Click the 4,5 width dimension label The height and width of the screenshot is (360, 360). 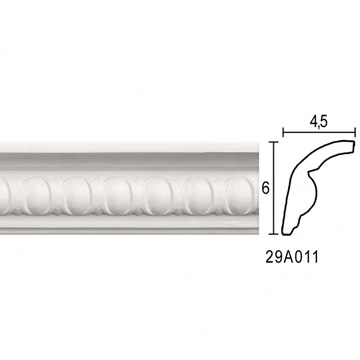coord(319,123)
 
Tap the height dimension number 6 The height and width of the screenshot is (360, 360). coord(265,189)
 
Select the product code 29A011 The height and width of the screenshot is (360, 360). coord(292,257)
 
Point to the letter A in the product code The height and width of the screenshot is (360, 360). coord(287,257)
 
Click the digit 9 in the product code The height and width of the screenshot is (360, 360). coord(278,257)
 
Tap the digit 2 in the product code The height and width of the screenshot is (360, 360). coord(269,257)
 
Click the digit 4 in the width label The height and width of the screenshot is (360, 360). coord(314,122)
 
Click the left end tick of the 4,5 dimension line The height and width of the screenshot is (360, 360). coord(283,133)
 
